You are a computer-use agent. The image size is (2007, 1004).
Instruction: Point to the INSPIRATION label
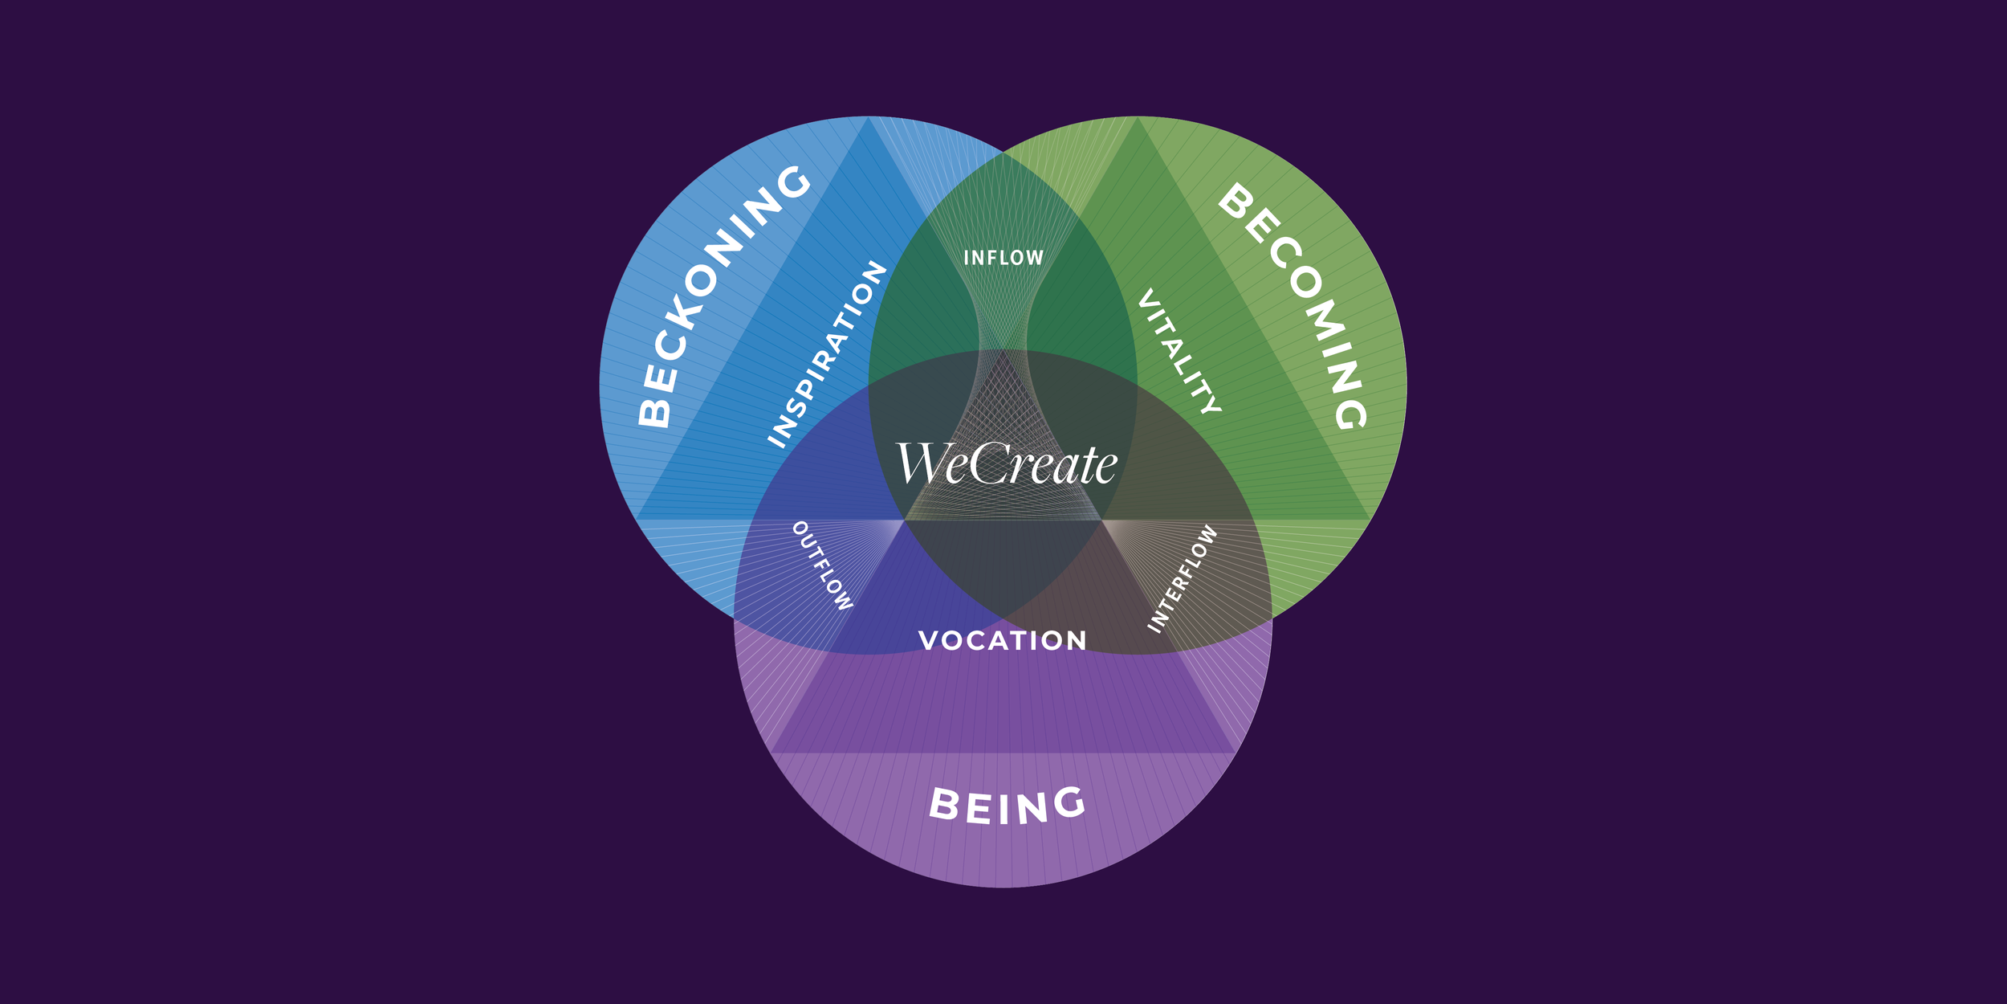pyautogui.click(x=827, y=353)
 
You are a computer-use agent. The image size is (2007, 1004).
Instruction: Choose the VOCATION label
pyautogui.click(x=1003, y=640)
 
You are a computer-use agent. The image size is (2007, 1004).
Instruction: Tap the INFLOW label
pyautogui.click(x=1003, y=258)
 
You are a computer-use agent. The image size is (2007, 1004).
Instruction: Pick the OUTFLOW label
pyautogui.click(x=822, y=565)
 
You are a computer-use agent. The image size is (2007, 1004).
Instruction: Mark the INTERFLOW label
pyautogui.click(x=1183, y=578)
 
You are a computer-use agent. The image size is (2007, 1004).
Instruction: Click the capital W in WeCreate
pyautogui.click(x=921, y=463)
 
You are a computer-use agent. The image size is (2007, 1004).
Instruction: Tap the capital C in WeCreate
pyautogui.click(x=990, y=463)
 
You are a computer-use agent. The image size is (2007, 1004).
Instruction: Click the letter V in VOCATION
pyautogui.click(x=930, y=640)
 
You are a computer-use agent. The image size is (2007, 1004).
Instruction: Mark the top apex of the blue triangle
pyautogui.click(x=868, y=118)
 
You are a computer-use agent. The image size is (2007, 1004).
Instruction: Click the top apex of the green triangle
pyautogui.click(x=1138, y=118)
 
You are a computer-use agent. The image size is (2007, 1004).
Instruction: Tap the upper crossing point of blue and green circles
pyautogui.click(x=1003, y=153)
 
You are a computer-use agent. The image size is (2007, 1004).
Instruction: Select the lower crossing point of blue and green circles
pyautogui.click(x=1003, y=618)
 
